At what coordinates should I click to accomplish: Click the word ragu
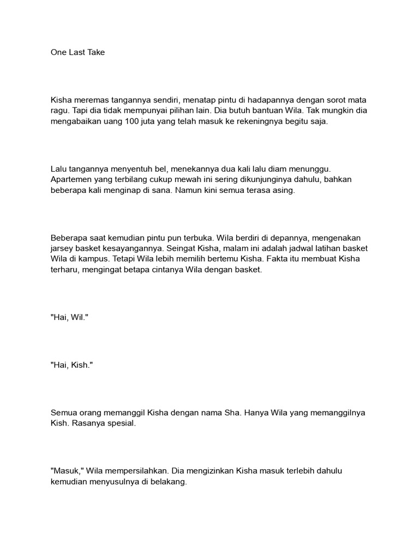(x=59, y=112)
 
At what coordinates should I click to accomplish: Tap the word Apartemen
(x=72, y=181)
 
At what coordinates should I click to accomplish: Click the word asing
(x=282, y=191)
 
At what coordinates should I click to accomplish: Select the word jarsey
(x=62, y=249)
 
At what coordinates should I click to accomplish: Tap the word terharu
(x=63, y=270)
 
